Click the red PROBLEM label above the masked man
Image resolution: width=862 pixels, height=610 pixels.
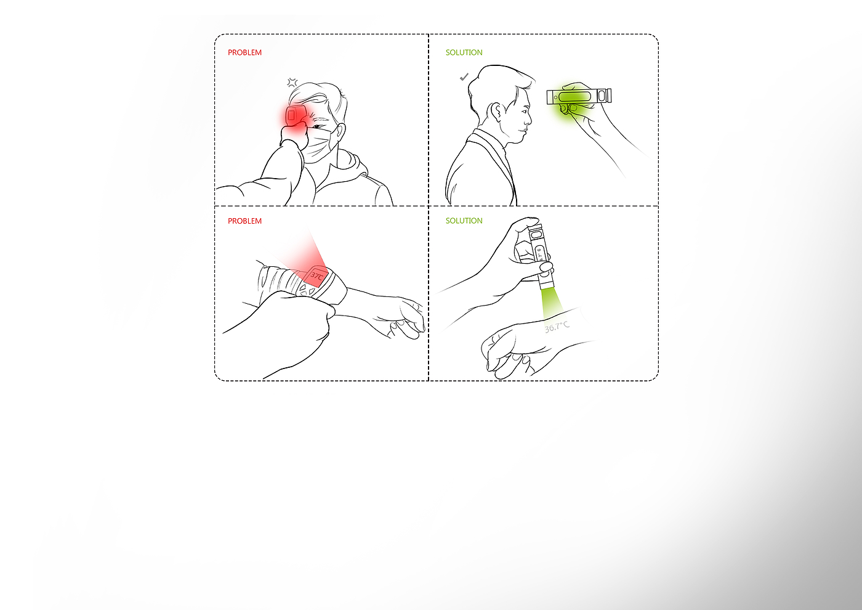tap(244, 52)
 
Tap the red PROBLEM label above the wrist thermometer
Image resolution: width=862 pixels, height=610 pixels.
tap(244, 221)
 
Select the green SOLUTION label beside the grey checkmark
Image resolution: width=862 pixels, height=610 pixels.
tap(464, 52)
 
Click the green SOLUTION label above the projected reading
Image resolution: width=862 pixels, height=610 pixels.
tap(464, 221)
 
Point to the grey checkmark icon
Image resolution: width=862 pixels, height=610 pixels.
tap(464, 77)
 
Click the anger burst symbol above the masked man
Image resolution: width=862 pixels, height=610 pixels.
tap(292, 83)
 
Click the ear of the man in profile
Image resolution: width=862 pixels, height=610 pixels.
tap(496, 112)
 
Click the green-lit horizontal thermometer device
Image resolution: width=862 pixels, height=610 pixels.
tap(579, 96)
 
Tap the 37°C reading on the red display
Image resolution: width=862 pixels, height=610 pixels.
tap(316, 276)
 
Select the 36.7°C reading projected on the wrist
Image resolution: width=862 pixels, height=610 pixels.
tap(557, 327)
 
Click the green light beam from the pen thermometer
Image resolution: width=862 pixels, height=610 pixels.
tap(550, 303)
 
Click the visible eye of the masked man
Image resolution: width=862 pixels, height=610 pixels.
tap(319, 127)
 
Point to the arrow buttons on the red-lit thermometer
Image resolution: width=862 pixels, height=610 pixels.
tap(307, 290)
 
